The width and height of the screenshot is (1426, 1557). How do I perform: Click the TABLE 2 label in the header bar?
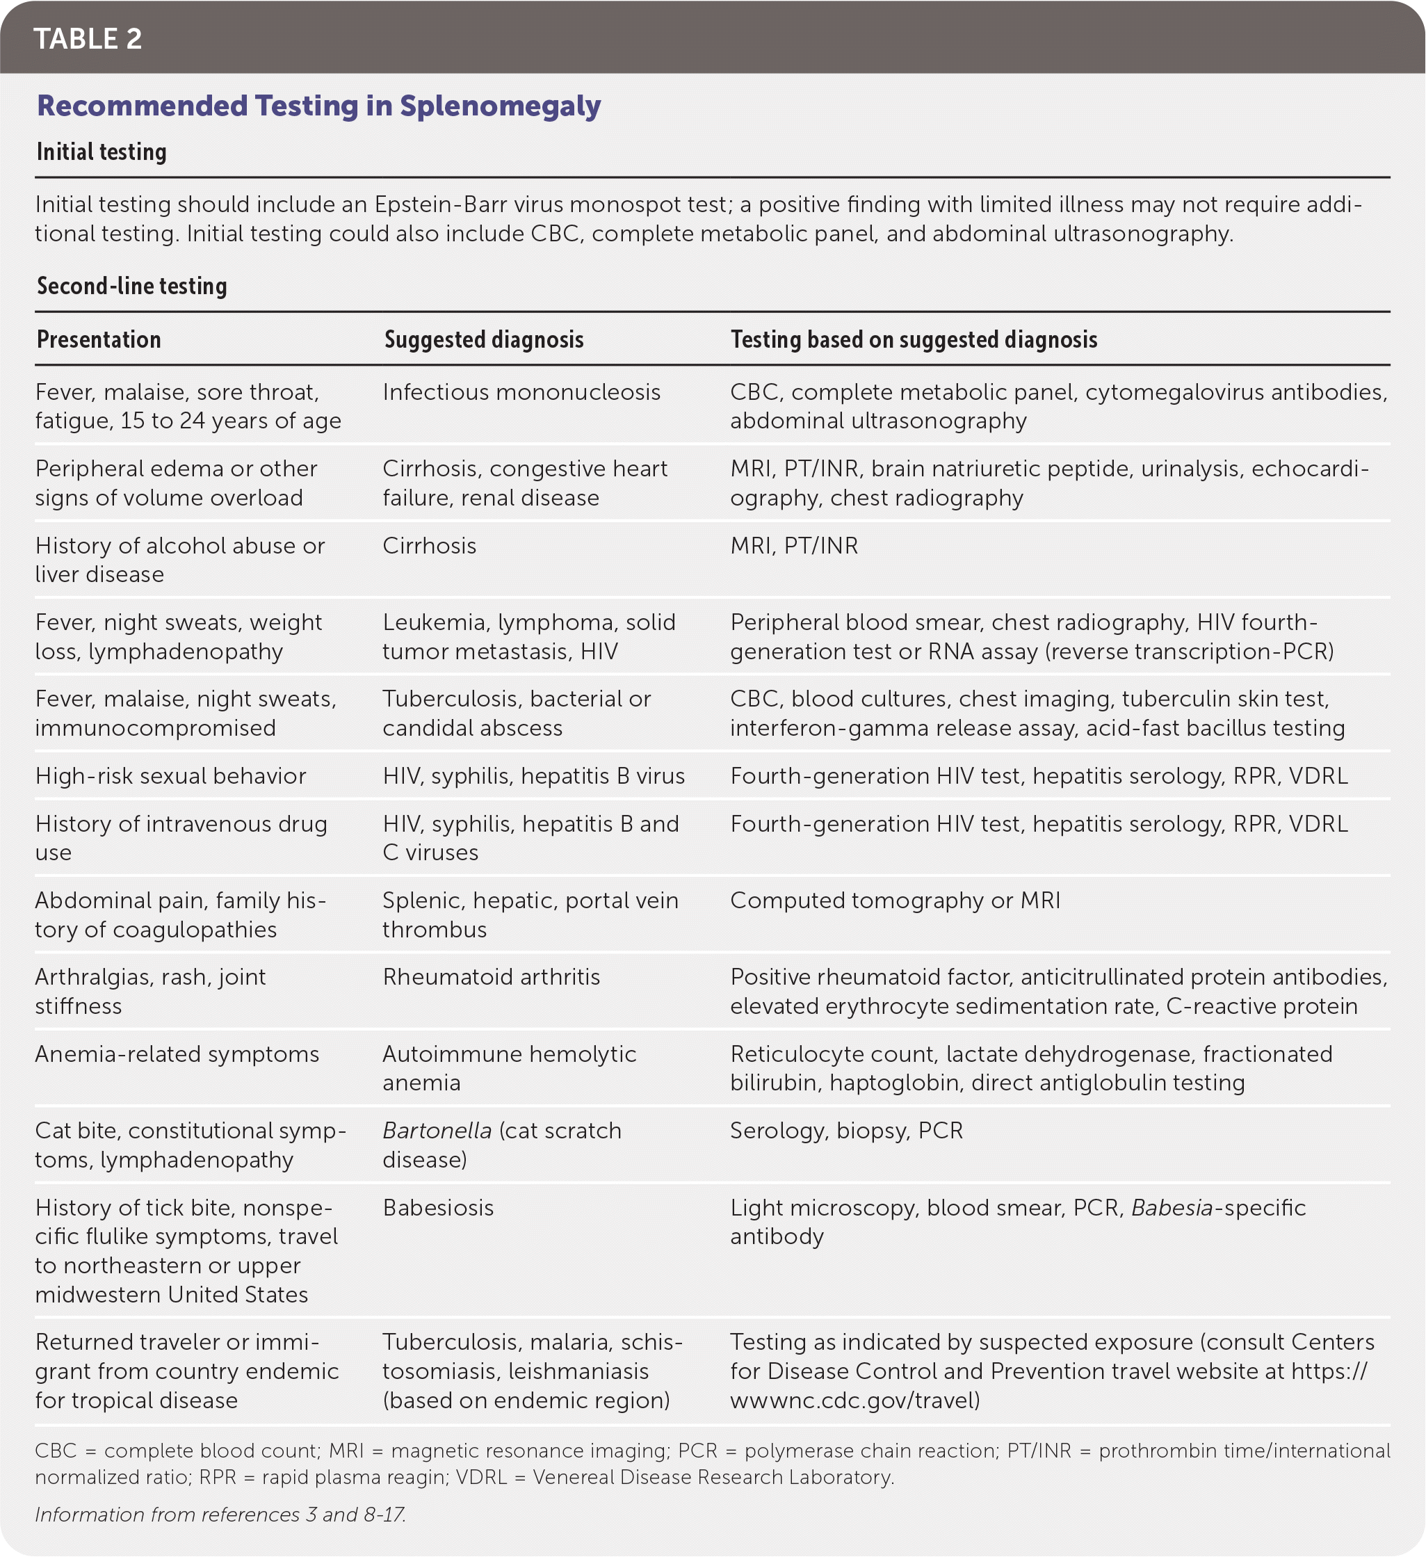tap(88, 39)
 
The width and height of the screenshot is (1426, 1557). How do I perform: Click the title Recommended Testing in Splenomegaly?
tap(319, 106)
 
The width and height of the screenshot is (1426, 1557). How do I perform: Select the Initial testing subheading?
tap(101, 152)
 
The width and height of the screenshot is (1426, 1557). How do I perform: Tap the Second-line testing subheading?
tap(132, 287)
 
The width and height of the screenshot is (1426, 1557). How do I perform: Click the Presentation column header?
tap(99, 340)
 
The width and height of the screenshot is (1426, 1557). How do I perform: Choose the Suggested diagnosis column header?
tap(483, 340)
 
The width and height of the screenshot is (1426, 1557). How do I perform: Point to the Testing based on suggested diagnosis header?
tap(914, 340)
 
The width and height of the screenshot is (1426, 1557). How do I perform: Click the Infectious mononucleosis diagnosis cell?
tap(521, 392)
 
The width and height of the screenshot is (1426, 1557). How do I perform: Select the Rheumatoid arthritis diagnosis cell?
tap(491, 977)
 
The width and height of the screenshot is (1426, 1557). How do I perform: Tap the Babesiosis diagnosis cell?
tap(438, 1208)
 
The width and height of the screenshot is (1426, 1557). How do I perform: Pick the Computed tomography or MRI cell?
tap(895, 901)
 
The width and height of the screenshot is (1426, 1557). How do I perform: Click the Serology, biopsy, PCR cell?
tap(846, 1131)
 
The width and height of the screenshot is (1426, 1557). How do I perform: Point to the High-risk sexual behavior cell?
tap(170, 776)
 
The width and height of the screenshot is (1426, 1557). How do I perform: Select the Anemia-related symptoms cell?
tap(177, 1054)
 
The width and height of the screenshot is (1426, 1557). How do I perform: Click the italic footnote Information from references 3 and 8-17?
tap(220, 1515)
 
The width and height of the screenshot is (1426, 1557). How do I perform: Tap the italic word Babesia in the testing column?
tap(1172, 1208)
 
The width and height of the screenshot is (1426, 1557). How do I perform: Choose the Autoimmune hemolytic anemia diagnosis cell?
tap(509, 1068)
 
